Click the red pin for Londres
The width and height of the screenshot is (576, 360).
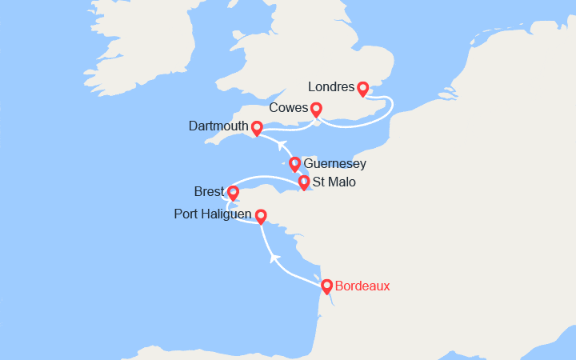coord(362,88)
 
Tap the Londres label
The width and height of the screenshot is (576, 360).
coord(332,87)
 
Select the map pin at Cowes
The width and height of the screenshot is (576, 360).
coord(316,109)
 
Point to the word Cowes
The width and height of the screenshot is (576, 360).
coord(289,108)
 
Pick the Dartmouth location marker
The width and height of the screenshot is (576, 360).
coord(257,127)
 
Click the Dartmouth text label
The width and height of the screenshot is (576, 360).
coord(218,126)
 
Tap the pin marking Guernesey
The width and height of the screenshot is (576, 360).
coord(294,163)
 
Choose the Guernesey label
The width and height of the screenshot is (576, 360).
coord(335,163)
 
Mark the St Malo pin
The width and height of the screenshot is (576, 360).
coord(304,182)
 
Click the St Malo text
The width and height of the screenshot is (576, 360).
coord(336,182)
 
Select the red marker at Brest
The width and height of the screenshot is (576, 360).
coord(233,192)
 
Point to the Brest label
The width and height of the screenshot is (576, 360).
coord(210,192)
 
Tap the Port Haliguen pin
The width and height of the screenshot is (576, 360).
coord(261,215)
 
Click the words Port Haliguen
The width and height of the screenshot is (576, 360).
coord(211,214)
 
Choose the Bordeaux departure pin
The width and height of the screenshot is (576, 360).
coord(326,285)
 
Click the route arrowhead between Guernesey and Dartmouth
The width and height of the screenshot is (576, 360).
coord(281,145)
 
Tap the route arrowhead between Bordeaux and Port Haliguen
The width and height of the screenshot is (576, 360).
coord(274,258)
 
